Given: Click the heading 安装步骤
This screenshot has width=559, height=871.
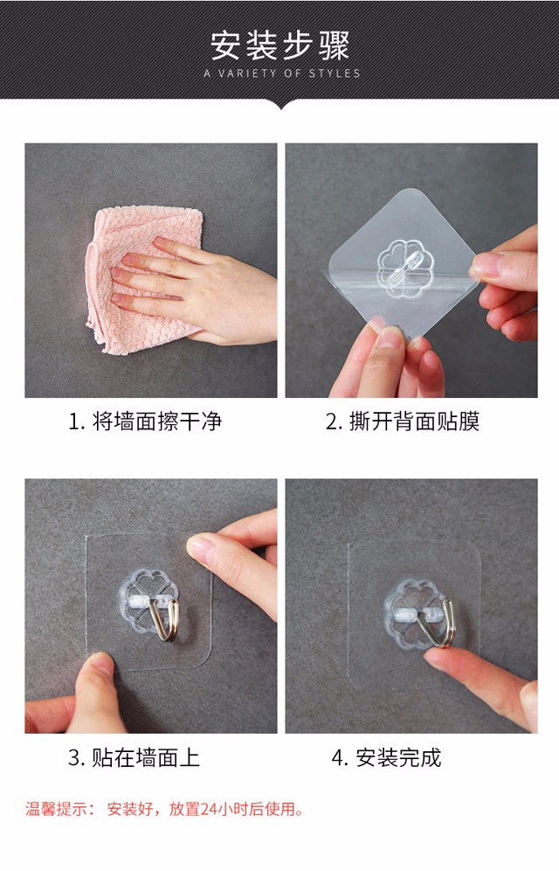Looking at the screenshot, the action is click(279, 45).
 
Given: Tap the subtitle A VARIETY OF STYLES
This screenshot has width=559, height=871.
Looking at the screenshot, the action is click(282, 73).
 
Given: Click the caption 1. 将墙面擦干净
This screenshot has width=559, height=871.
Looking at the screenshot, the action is click(145, 422).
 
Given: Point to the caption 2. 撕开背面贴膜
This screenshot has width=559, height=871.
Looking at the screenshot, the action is click(403, 422).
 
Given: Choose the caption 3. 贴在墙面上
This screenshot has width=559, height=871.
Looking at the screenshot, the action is click(134, 757).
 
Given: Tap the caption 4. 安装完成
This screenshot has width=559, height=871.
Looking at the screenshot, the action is click(387, 757).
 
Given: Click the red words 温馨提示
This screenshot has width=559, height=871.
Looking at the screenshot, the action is click(56, 809).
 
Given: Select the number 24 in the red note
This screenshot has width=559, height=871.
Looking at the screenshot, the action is click(208, 809).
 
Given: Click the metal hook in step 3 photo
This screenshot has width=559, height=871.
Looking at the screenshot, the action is click(165, 619).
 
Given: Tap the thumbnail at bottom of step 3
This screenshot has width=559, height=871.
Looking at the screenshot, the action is click(100, 665).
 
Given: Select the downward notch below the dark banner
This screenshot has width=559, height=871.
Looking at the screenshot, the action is click(280, 104).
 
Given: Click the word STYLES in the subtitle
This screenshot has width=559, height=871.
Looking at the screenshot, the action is click(335, 73).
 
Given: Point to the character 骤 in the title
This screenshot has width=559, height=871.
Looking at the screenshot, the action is click(334, 45).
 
